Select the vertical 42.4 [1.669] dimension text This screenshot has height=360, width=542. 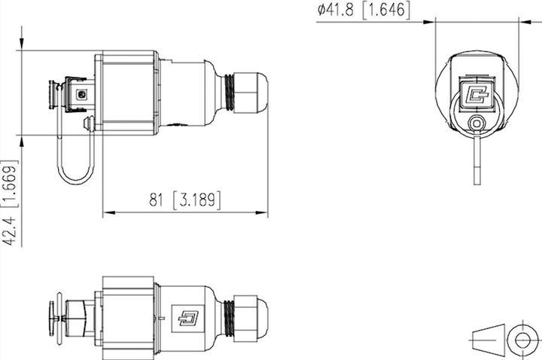(x=9, y=201)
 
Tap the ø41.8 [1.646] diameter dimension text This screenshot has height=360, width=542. (x=364, y=10)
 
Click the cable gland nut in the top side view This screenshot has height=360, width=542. (x=250, y=92)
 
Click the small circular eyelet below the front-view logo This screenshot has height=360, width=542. (x=475, y=124)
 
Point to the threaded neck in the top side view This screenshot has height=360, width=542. (x=224, y=92)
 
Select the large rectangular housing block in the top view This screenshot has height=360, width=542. (x=128, y=92)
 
